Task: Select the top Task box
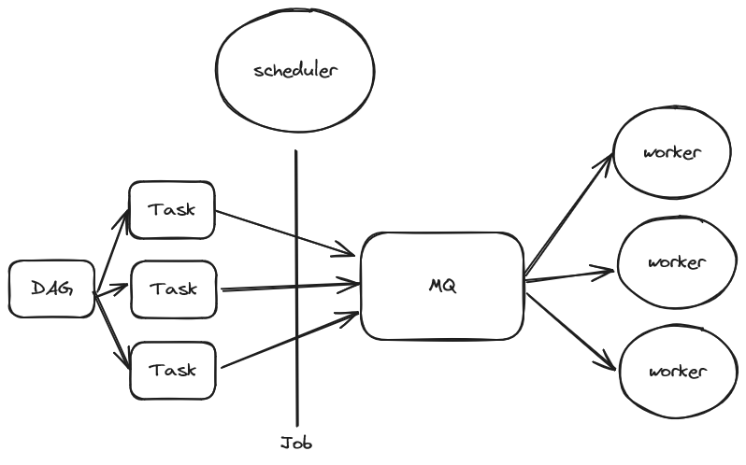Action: (x=172, y=209)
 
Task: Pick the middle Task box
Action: (x=174, y=289)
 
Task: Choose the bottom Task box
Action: (x=173, y=370)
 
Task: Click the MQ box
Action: (x=441, y=286)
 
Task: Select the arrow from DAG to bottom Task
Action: (x=113, y=332)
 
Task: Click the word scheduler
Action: (x=295, y=71)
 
